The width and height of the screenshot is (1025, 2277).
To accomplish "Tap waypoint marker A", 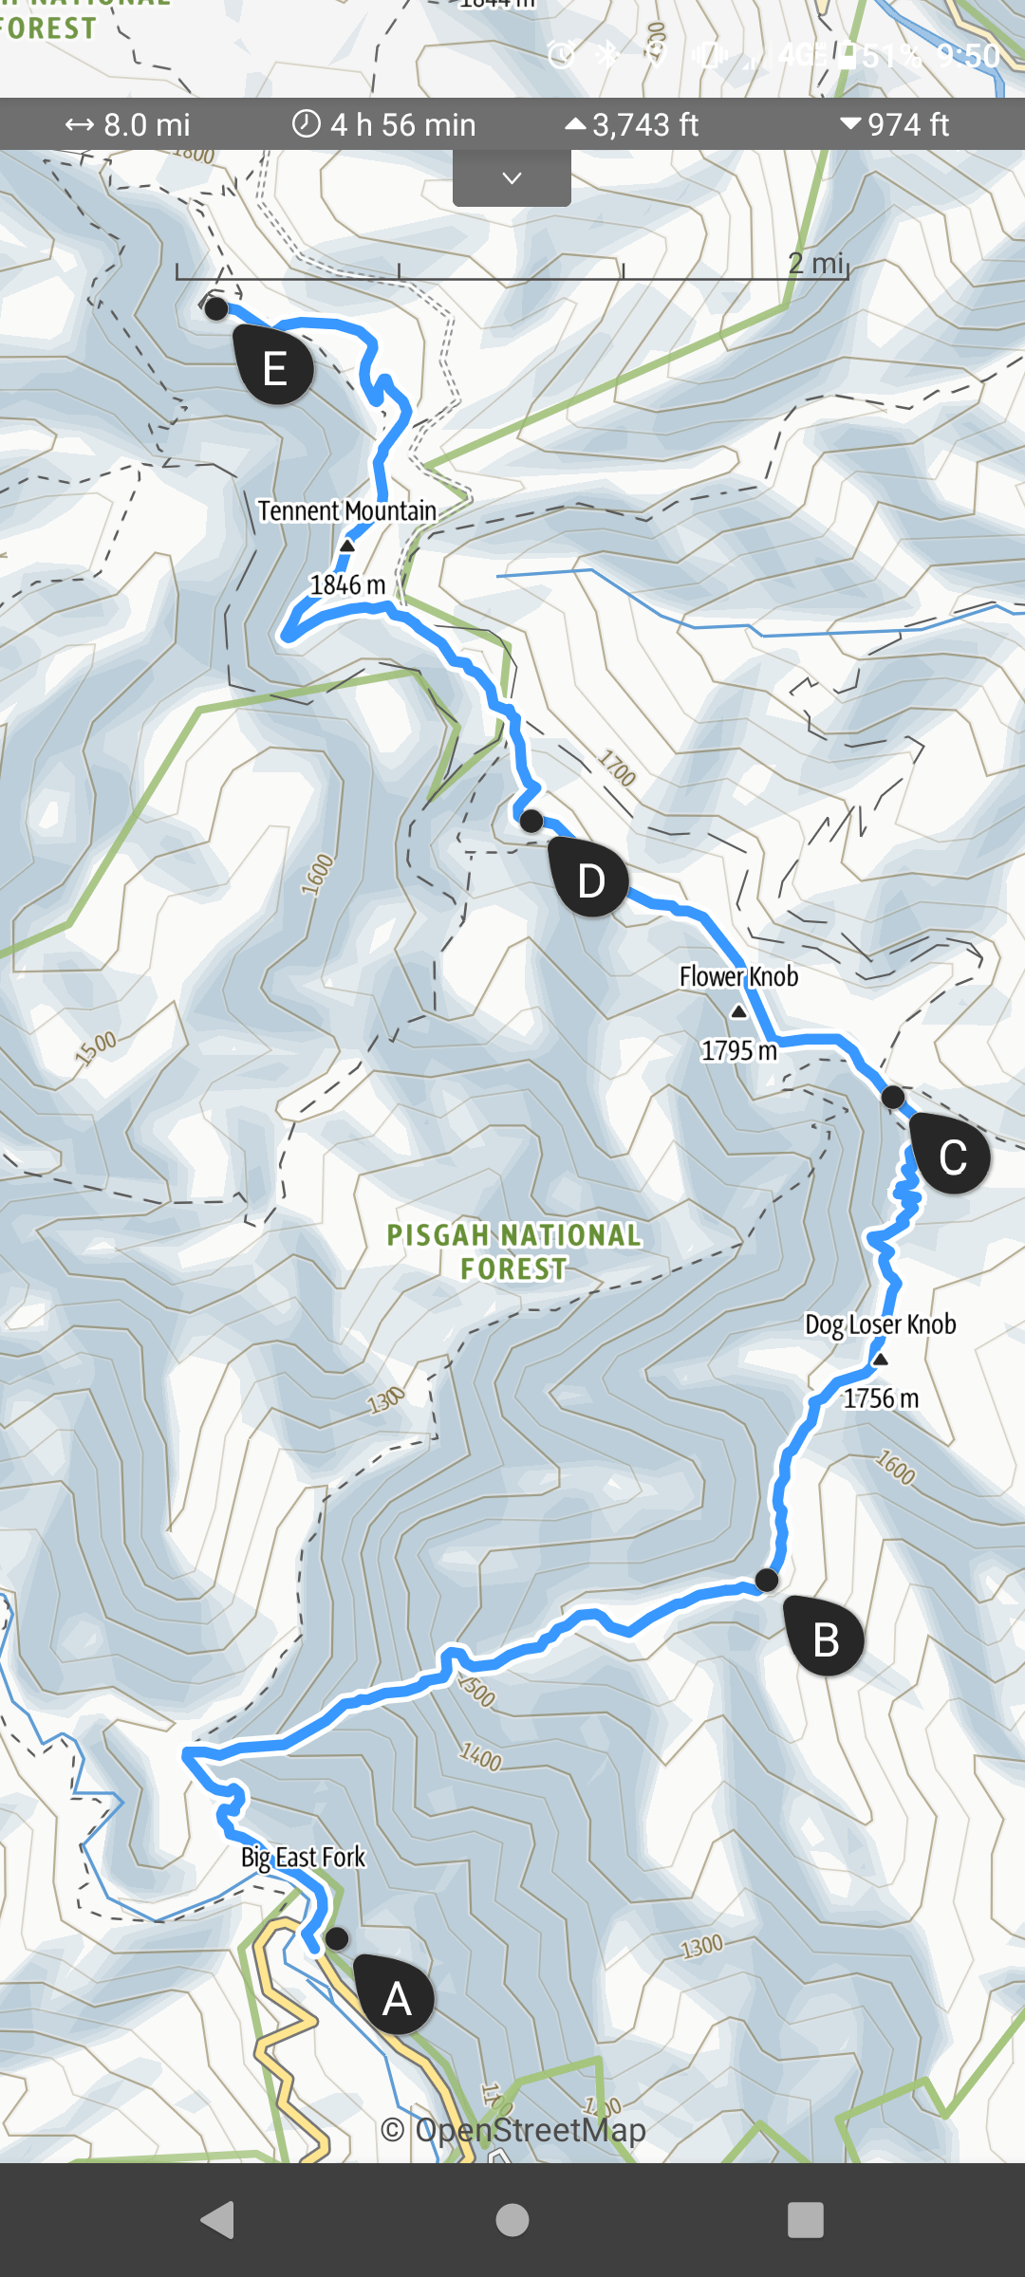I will tap(395, 1997).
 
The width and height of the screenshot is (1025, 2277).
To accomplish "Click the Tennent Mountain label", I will tap(346, 511).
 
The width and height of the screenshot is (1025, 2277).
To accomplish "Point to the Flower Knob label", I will tap(738, 976).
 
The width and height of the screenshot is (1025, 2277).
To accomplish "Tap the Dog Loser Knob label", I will tap(880, 1324).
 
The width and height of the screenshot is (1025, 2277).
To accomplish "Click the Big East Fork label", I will tap(303, 1857).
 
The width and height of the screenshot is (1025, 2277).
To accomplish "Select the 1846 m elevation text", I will tap(347, 585).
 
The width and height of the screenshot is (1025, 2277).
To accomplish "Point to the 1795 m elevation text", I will tap(738, 1050).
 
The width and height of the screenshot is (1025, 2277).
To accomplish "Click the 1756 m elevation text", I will tap(881, 1398).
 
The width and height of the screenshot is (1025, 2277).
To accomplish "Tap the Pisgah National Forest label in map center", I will tap(513, 1251).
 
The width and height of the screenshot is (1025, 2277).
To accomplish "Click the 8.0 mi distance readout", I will tap(127, 124).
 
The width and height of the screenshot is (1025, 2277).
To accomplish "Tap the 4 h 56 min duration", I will tap(383, 124).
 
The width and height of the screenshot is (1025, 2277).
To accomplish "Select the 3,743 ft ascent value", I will tap(632, 124).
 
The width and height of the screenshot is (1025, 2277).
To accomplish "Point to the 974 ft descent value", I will tap(895, 124).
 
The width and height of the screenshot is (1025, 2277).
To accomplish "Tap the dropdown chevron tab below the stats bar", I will tap(512, 178).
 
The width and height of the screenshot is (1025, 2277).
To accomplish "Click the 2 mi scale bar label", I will tap(816, 263).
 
